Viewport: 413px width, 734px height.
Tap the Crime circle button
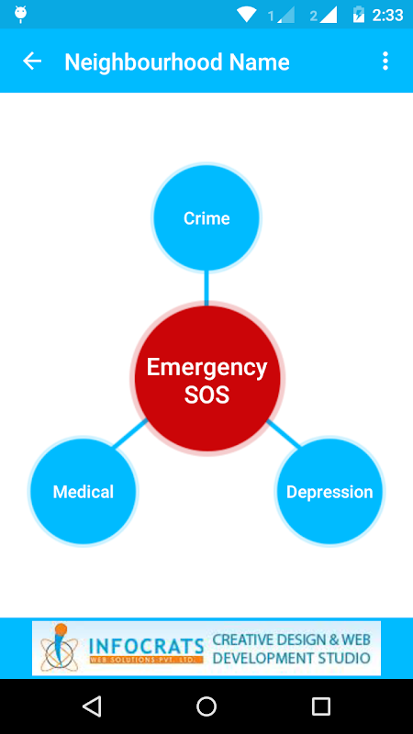206,218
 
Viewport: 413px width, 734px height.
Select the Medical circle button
84,491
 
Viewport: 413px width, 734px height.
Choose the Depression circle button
329,491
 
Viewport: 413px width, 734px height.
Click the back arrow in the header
32,61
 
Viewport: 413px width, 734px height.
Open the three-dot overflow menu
385,61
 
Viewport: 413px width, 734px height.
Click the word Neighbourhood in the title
143,62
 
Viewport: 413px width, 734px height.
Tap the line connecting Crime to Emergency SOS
206,288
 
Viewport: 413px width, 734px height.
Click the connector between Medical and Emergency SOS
130,434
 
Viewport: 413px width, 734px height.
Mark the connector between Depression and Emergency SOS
284,434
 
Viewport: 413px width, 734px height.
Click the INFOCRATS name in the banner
146,646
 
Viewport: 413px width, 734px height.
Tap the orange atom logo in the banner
58,647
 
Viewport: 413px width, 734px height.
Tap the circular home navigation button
206,706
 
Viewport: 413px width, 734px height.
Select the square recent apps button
320,706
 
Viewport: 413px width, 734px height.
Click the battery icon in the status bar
358,15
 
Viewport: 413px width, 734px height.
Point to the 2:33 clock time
387,16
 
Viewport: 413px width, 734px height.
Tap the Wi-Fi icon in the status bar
246,15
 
